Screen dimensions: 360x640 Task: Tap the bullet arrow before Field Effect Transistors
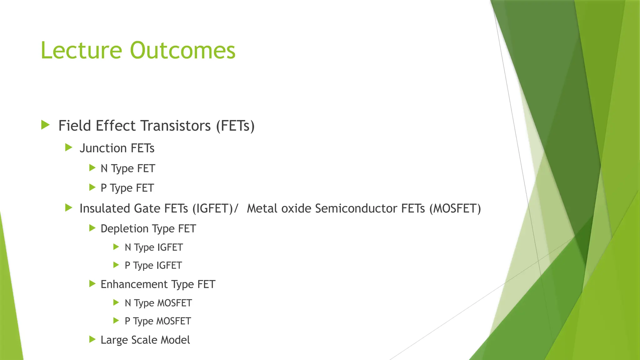point(46,125)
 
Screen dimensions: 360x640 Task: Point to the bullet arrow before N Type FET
point(92,168)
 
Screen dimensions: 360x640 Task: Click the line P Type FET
point(127,188)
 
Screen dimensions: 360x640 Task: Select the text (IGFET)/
point(215,208)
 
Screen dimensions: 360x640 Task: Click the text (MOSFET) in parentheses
point(455,208)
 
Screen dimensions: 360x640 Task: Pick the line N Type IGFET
point(153,247)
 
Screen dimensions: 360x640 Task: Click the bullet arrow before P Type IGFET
point(116,265)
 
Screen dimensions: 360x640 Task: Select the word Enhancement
point(134,284)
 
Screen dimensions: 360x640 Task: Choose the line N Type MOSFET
point(158,303)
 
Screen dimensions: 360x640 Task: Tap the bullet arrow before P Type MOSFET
point(116,321)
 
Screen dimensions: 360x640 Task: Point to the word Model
point(175,340)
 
